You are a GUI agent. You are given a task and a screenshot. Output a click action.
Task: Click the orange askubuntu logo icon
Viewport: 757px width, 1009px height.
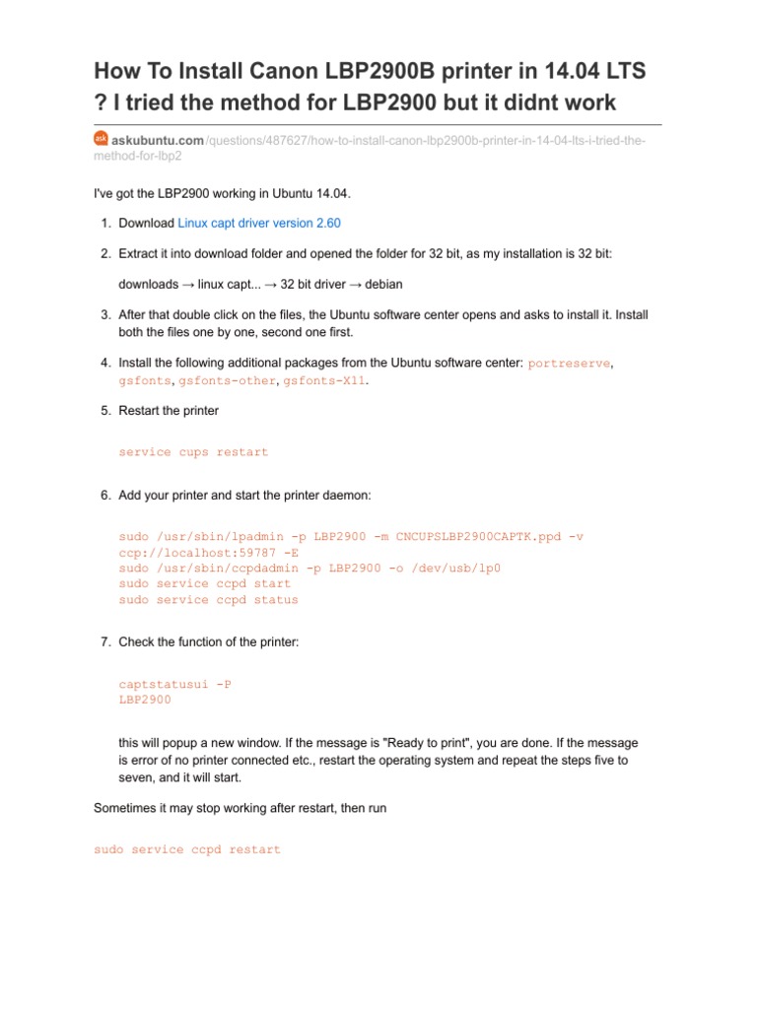tap(101, 140)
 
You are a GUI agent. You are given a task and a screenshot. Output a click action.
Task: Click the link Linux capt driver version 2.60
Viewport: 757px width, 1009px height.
tap(259, 224)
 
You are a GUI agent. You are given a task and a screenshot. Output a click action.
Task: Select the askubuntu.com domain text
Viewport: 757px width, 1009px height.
tap(158, 141)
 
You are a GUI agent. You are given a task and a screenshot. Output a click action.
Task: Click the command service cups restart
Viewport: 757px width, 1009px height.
tap(193, 452)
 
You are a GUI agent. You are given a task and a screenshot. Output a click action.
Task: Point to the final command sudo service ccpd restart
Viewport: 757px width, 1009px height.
tap(187, 849)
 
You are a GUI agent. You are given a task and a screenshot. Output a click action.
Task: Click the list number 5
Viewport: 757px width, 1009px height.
tap(104, 410)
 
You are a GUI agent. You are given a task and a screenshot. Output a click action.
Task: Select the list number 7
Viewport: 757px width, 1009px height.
tap(104, 642)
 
